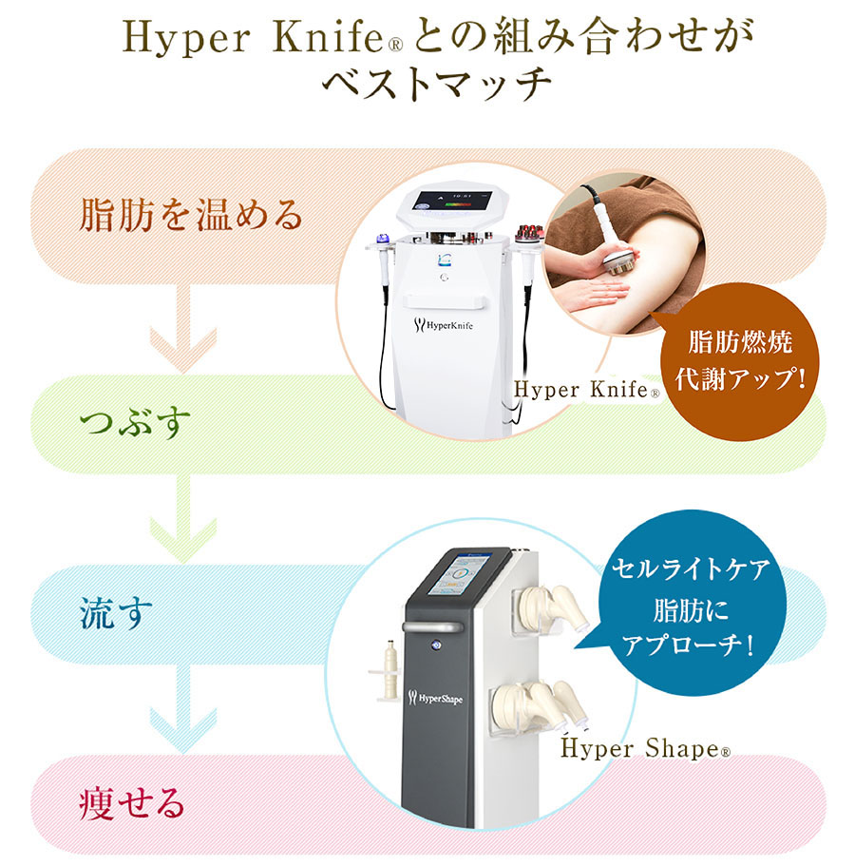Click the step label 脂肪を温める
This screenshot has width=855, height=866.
click(x=191, y=217)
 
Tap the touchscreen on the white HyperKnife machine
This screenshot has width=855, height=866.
click(x=460, y=202)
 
